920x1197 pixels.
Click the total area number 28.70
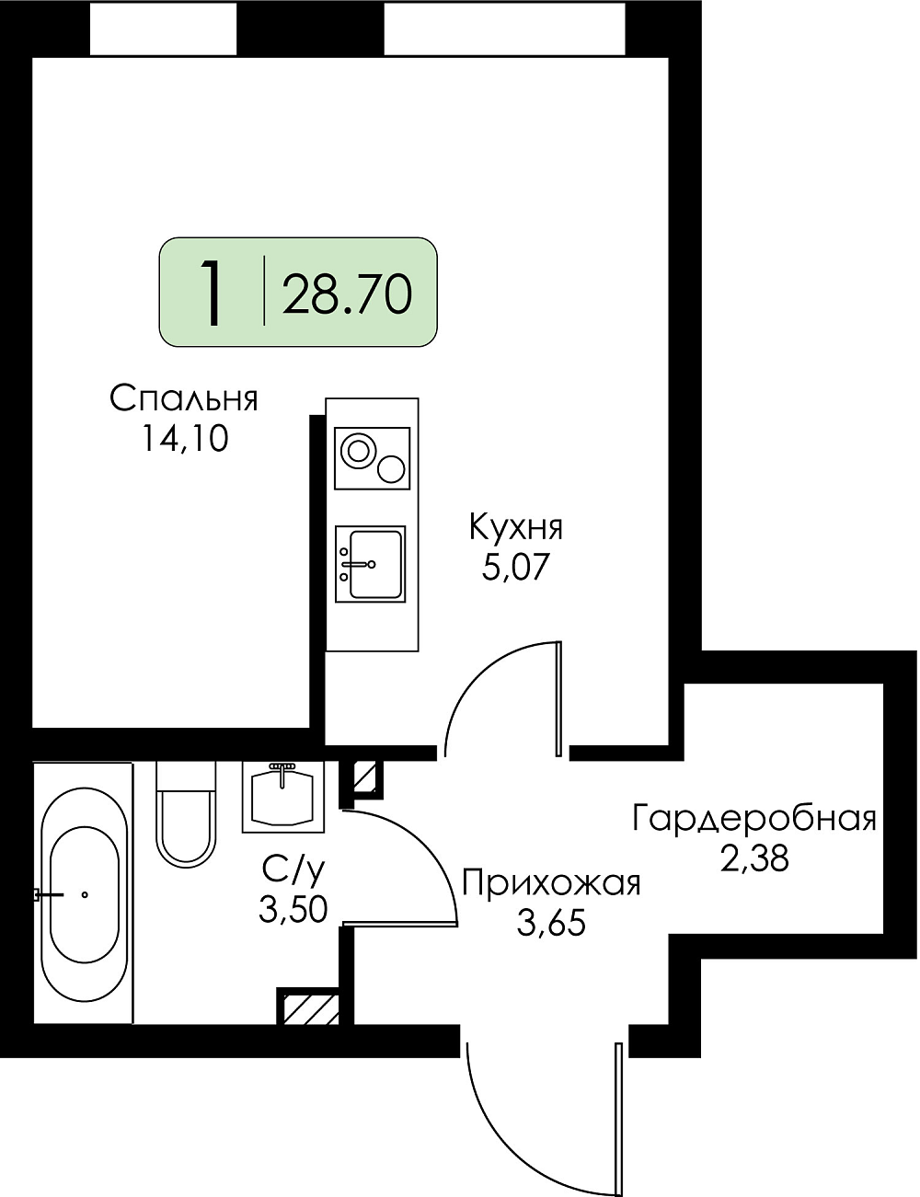(x=347, y=294)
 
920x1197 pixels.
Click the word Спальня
(x=184, y=398)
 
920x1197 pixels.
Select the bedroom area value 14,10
(x=184, y=440)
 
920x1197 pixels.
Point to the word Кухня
(x=516, y=527)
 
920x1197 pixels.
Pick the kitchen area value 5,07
(x=516, y=568)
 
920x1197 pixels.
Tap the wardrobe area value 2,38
(x=753, y=858)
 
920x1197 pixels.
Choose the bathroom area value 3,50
(x=293, y=909)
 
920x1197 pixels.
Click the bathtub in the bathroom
(x=84, y=893)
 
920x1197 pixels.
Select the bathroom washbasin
(x=283, y=797)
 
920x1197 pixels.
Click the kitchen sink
(x=371, y=564)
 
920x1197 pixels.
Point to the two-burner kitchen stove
(x=373, y=458)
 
